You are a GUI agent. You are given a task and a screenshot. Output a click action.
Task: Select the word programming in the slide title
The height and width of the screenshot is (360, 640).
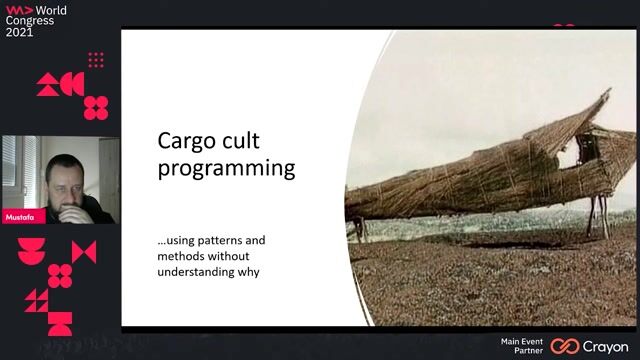(227, 167)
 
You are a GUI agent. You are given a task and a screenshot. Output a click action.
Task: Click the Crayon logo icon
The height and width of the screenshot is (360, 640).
(565, 346)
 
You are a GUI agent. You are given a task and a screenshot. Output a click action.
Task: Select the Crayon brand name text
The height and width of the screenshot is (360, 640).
(607, 346)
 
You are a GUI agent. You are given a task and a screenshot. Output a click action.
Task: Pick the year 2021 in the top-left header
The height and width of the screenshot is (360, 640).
(20, 32)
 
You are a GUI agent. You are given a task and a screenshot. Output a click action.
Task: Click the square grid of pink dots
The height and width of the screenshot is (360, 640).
(96, 60)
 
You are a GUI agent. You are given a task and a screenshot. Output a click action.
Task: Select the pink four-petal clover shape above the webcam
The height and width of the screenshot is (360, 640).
(96, 107)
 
